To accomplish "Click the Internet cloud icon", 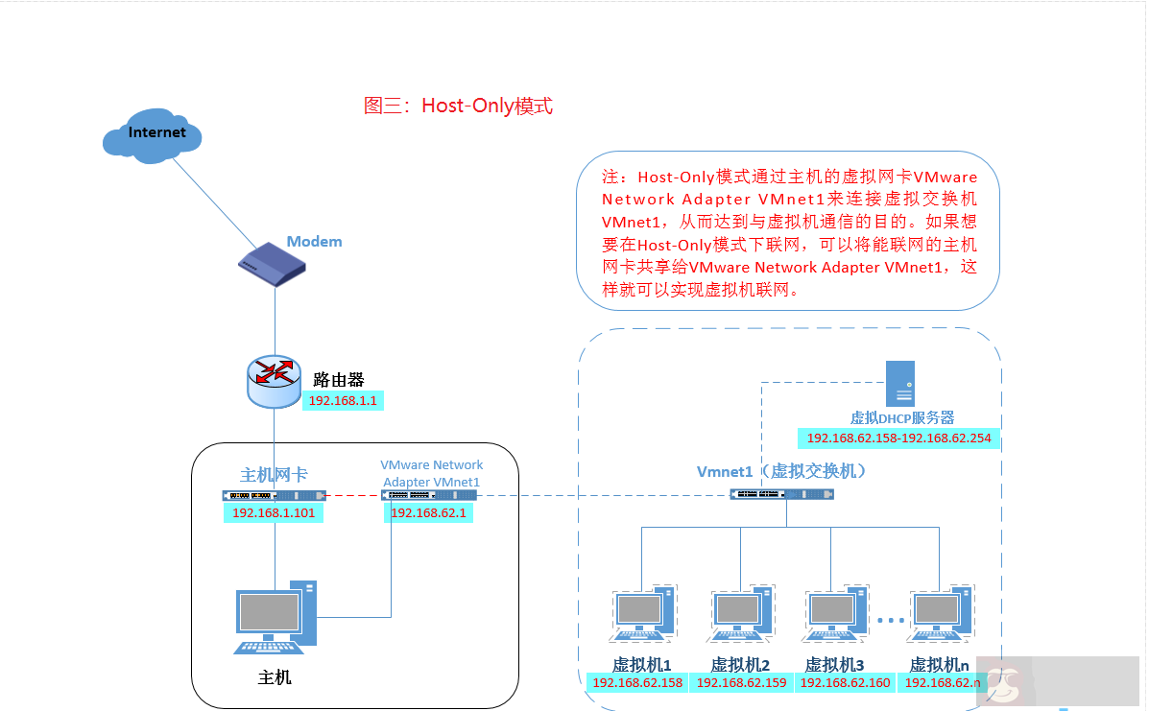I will (153, 137).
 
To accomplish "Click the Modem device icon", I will (276, 264).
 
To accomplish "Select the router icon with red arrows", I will (274, 380).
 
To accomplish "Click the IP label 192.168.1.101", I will (274, 513).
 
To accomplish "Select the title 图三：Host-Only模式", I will (458, 106).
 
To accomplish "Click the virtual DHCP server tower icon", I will (899, 384).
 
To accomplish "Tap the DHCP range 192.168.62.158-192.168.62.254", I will (899, 438).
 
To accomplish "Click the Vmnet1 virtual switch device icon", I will (781, 494).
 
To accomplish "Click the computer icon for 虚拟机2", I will (741, 615).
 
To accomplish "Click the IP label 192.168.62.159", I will (740, 683).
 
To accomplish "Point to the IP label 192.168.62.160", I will (845, 683).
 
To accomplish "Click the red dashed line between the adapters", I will (352, 495).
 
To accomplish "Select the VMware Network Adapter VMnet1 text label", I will (431, 473).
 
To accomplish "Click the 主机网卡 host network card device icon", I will (273, 495).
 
